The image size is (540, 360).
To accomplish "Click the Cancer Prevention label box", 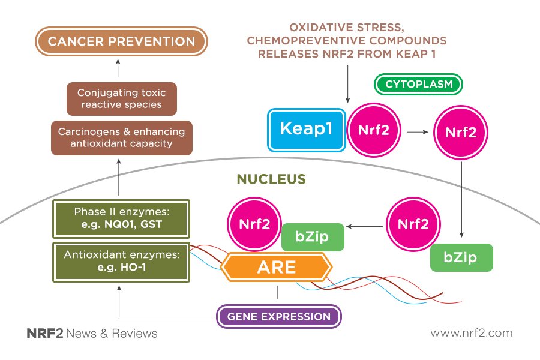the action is [x=121, y=41].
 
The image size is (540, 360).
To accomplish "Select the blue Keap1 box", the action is [x=307, y=130].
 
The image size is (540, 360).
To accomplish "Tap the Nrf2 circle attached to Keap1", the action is [x=374, y=130].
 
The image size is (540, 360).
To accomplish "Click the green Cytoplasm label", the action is [x=418, y=84].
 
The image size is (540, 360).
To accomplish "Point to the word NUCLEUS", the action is [x=271, y=179].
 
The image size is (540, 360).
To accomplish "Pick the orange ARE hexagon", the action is [x=276, y=267].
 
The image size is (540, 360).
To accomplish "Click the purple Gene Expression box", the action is [x=278, y=317].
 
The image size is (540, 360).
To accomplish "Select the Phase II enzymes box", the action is [x=121, y=219].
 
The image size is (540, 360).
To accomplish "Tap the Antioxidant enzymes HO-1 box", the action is [x=121, y=262].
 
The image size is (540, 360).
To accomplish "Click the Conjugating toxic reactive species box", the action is [x=122, y=99].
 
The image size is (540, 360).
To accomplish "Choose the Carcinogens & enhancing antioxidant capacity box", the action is [x=122, y=138].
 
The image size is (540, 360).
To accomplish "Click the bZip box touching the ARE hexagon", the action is [x=313, y=237].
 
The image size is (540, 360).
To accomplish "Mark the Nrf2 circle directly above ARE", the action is [x=254, y=224].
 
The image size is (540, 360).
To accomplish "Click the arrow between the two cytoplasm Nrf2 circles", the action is [x=418, y=132].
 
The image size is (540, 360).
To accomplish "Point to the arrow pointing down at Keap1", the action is [x=347, y=84].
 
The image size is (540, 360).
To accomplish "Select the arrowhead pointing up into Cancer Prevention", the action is [x=118, y=61].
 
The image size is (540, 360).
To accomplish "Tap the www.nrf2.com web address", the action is [x=472, y=333].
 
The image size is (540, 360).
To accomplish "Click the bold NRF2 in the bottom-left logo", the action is [x=45, y=334].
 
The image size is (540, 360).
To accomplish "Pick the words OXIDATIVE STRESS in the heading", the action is [x=346, y=28].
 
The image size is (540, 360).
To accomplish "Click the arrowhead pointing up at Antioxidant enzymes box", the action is [x=119, y=288].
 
